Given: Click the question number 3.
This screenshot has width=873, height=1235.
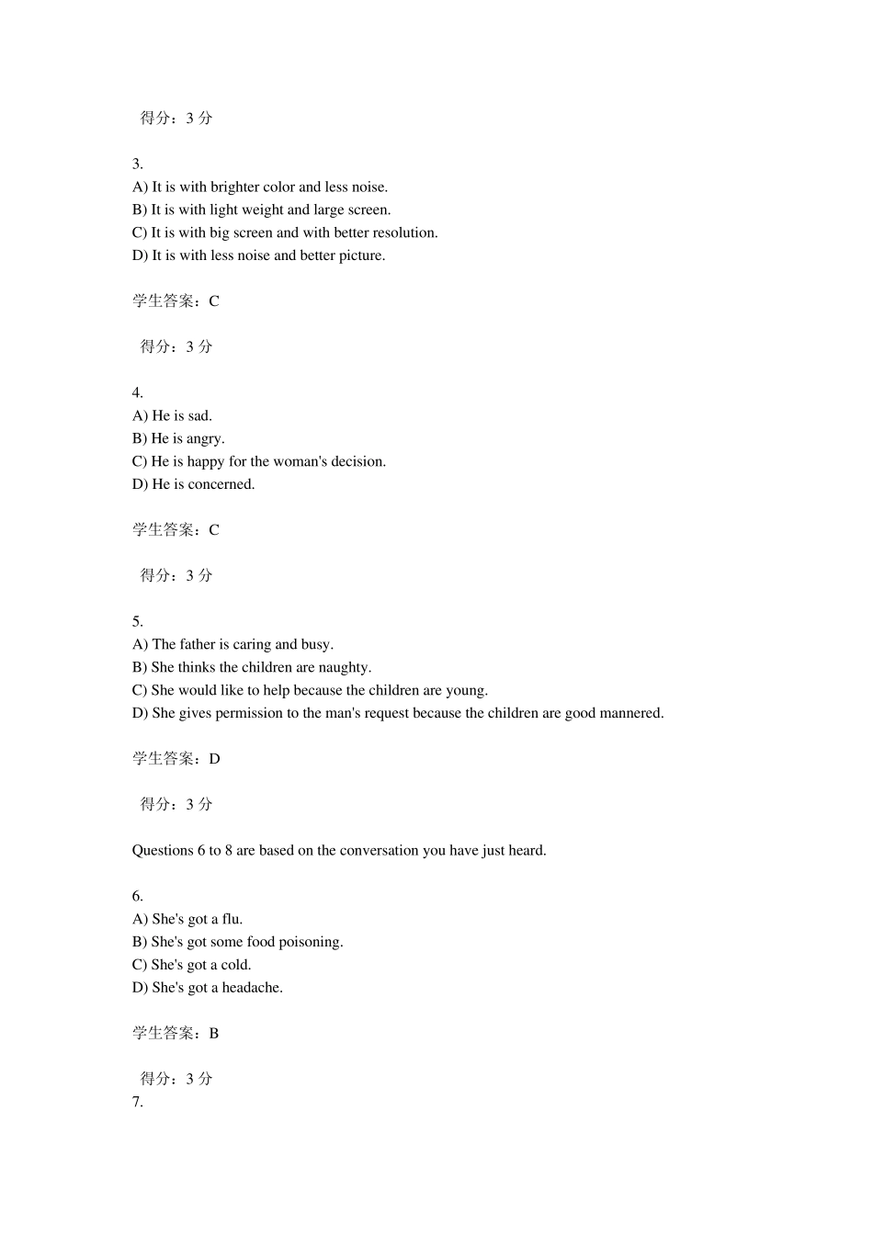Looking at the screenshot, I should (x=137, y=164).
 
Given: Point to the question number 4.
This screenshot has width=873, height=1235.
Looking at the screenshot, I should (x=137, y=393).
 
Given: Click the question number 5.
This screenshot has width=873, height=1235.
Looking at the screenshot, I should (x=137, y=622).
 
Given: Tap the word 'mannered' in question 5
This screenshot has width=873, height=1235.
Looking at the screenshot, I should (x=633, y=714).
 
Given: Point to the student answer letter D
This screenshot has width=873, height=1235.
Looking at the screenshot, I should (x=215, y=759).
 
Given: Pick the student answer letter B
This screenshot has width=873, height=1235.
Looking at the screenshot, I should (x=214, y=1034).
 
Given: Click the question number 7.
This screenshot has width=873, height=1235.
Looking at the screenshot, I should (x=137, y=1103).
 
